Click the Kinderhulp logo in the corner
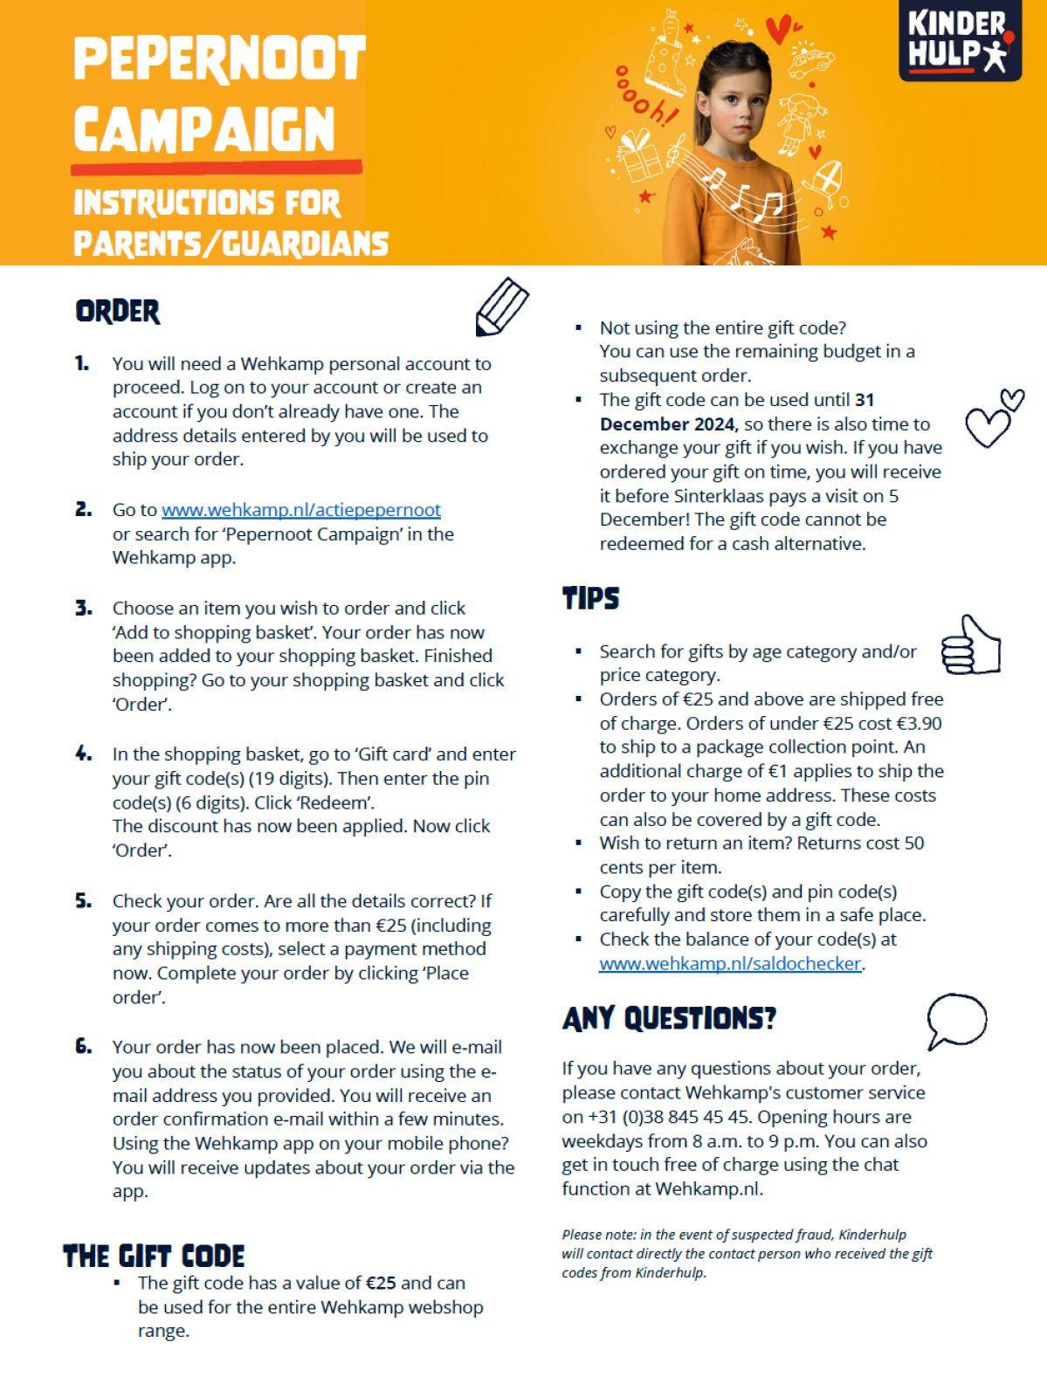[x=960, y=40]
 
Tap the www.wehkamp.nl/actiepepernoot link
[x=300, y=510]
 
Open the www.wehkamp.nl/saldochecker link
[x=730, y=964]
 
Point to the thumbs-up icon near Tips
[x=970, y=645]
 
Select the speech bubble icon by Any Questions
[x=955, y=1020]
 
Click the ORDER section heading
[x=118, y=312]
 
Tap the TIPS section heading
[x=591, y=599]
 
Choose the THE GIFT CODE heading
[x=154, y=1257]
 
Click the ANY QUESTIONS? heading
[x=669, y=1019]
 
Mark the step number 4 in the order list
[x=84, y=754]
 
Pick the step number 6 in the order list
[x=84, y=1047]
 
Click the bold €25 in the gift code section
[x=381, y=1284]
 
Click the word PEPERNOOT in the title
[x=219, y=59]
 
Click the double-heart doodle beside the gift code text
[x=993, y=418]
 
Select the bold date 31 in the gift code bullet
[x=864, y=400]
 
